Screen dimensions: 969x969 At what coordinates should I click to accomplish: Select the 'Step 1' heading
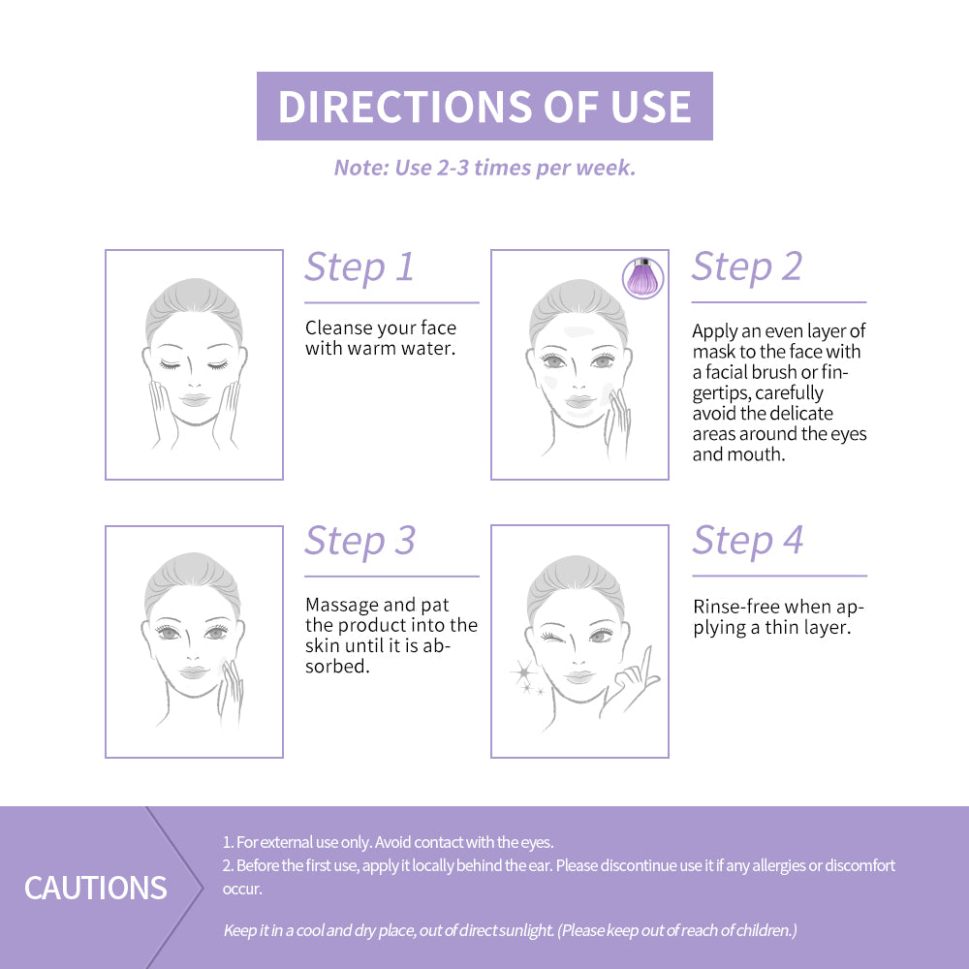tap(359, 267)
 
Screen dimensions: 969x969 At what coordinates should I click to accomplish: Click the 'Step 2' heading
tap(747, 266)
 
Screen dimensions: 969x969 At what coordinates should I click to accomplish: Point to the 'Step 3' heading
tap(360, 541)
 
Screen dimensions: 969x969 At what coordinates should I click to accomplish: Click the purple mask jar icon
tap(643, 278)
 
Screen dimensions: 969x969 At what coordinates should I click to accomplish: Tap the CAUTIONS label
tap(96, 888)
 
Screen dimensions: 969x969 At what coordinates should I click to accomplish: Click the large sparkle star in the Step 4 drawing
tap(523, 672)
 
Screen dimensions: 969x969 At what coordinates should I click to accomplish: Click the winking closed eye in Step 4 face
tap(552, 637)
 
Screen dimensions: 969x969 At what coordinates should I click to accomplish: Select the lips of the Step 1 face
tap(195, 400)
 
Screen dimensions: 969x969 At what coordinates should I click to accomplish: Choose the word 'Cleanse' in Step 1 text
tap(337, 328)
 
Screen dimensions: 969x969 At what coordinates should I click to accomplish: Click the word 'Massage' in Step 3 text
tap(342, 605)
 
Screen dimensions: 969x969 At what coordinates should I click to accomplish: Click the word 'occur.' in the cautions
tap(242, 889)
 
